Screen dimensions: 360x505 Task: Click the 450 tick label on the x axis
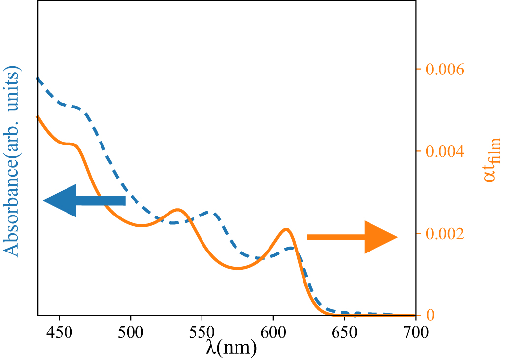pos(59,329)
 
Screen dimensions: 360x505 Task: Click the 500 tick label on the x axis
pos(131,329)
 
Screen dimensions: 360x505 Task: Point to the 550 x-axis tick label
pos(202,329)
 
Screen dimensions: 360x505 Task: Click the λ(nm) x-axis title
pos(231,348)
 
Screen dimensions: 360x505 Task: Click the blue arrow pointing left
pos(84,200)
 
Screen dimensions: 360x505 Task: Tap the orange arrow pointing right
pos(352,237)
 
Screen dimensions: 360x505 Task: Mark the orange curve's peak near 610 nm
pos(286,229)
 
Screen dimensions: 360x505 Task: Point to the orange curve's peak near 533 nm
pos(178,210)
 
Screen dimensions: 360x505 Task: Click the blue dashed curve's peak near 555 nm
pos(211,213)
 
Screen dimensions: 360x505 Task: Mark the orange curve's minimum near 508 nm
pos(142,225)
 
